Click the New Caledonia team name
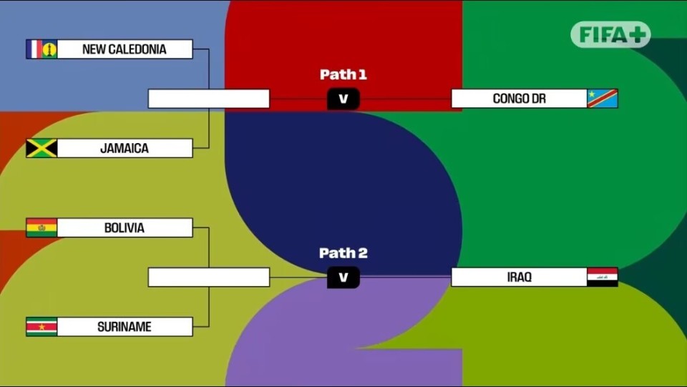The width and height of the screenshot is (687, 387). (x=125, y=49)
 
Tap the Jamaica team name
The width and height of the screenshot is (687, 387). (x=125, y=149)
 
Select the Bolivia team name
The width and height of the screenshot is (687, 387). (x=125, y=228)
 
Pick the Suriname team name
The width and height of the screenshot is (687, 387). (x=125, y=327)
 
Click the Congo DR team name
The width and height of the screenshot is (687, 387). (x=519, y=99)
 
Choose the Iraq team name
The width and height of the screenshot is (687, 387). (x=519, y=277)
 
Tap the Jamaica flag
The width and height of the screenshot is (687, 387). (x=42, y=149)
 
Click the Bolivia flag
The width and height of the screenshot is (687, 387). (x=42, y=228)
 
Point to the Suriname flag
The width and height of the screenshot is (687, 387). (x=42, y=327)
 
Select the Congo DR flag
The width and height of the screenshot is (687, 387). (x=602, y=99)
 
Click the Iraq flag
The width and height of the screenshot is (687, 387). (x=602, y=277)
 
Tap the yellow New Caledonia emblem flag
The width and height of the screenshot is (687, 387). (x=49, y=49)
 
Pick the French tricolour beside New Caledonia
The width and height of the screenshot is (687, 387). (x=34, y=49)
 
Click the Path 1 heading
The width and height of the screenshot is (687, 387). (x=343, y=74)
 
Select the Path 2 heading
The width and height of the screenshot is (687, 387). (x=343, y=253)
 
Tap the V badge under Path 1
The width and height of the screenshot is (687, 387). (x=343, y=99)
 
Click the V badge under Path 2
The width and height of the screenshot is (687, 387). (x=343, y=278)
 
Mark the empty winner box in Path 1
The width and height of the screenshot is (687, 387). (x=208, y=99)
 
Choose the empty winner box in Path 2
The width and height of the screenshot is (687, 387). (x=208, y=277)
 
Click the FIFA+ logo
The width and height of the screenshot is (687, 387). (x=610, y=34)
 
